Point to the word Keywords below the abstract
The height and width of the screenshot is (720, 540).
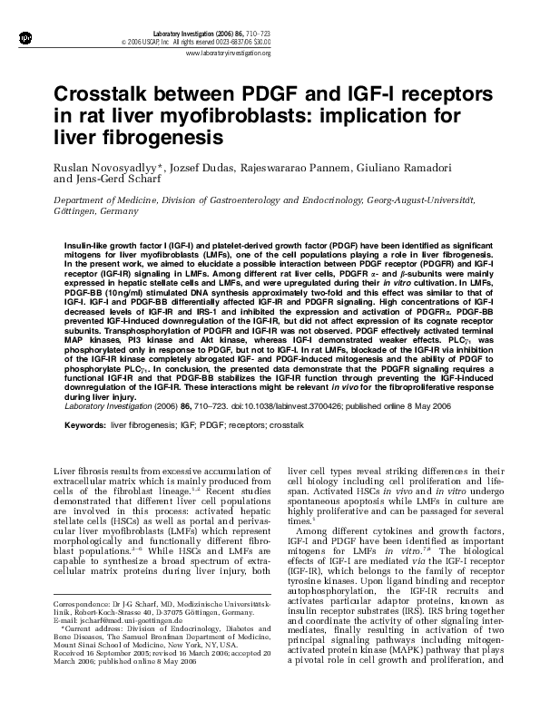(83, 423)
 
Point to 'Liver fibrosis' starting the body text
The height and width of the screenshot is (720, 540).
(81, 472)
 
